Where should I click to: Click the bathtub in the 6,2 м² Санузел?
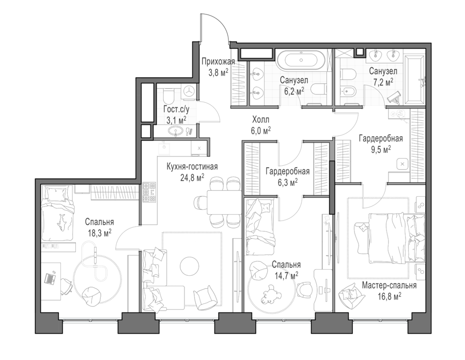point(301,60)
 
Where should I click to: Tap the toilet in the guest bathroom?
point(168,95)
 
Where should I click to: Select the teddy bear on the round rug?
point(271,293)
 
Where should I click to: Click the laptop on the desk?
point(50,278)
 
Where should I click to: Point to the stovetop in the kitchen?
point(149,192)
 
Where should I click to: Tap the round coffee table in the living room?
point(189,265)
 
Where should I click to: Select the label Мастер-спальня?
point(389,285)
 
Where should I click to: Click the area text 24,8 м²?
point(192,177)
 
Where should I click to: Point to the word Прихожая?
point(218,61)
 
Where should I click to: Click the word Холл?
point(261,120)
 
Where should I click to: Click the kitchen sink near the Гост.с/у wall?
point(164,148)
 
